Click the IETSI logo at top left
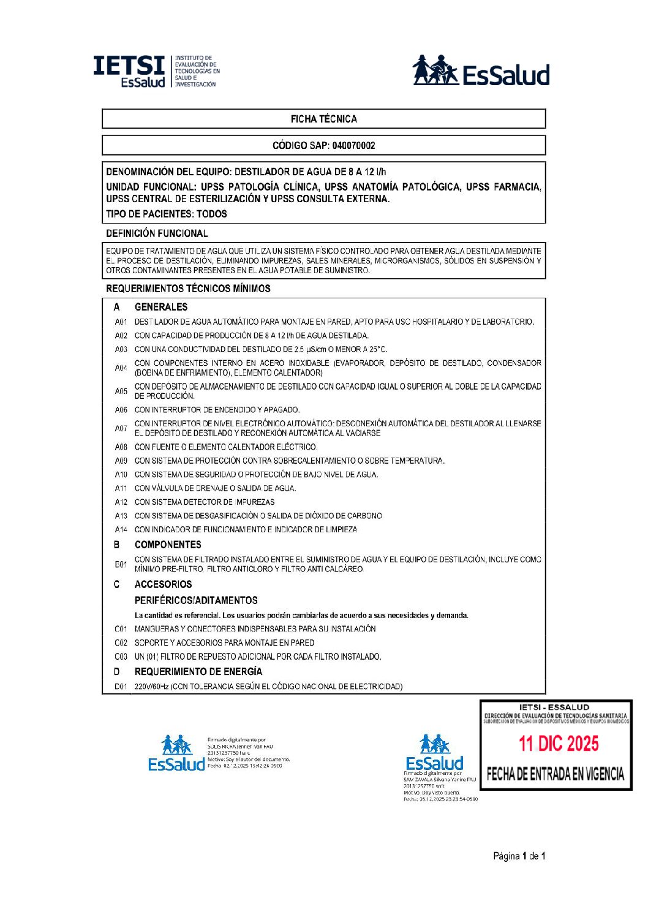pos(156,71)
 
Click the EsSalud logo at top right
pos(481,70)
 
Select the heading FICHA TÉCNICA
pos(323,119)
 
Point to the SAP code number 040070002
pos(353,146)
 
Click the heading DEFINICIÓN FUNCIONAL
pos(157,233)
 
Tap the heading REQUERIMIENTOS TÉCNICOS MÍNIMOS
pos(188,289)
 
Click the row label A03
pos(121,350)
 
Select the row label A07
pos(121,428)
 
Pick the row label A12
pos(121,502)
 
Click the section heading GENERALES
pos(161,307)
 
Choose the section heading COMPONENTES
pos(168,545)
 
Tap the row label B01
pos(121,564)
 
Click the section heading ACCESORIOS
pos(163,584)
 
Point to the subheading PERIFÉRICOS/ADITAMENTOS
pos(196,600)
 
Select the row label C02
pos(121,643)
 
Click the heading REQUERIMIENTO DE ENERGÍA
pos(198,671)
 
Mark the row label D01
pos(121,687)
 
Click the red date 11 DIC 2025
pos(559,744)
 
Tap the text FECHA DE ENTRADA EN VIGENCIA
pos(556,774)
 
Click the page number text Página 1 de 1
pos(519,856)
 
